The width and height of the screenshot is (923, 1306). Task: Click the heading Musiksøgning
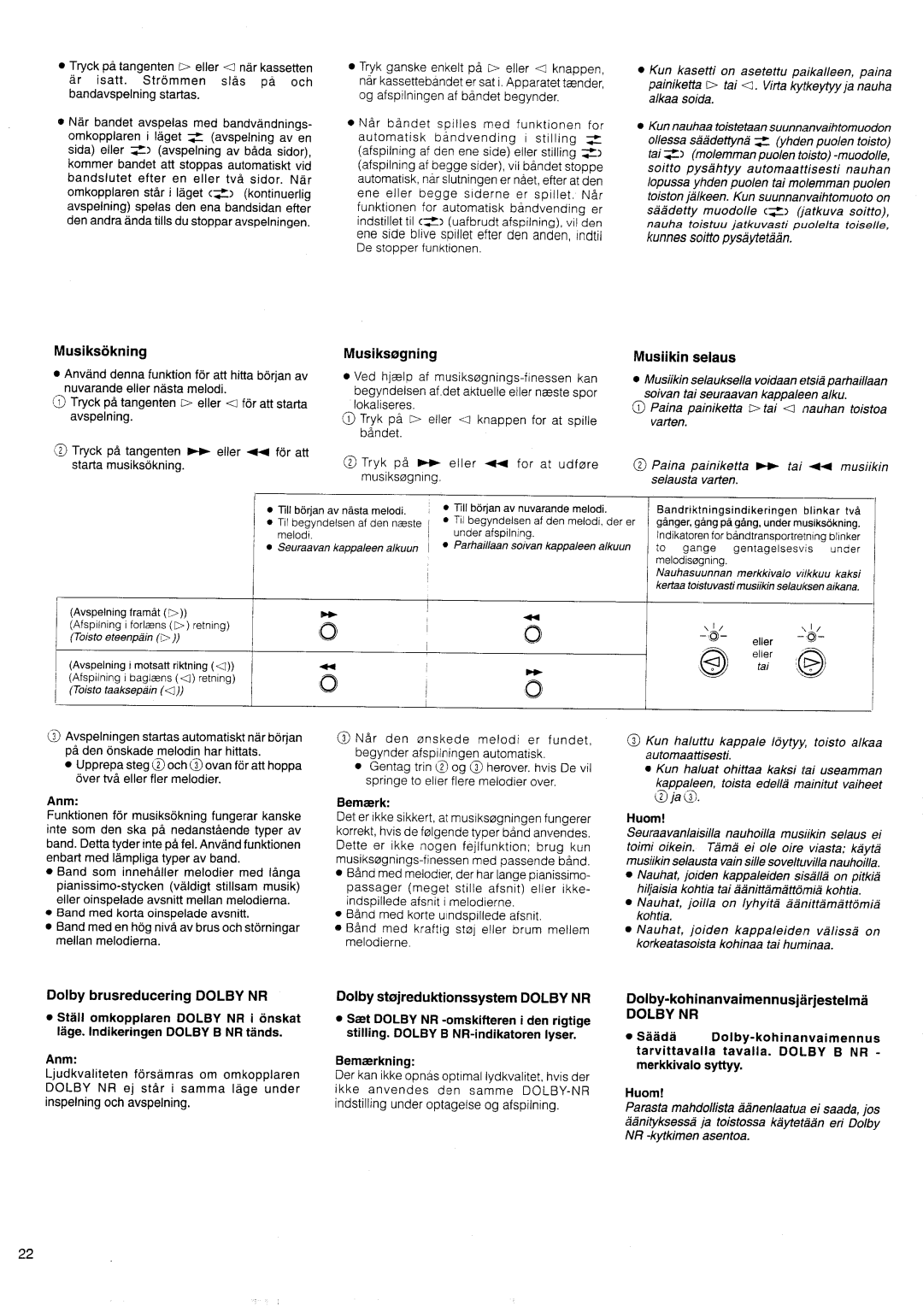coord(391,353)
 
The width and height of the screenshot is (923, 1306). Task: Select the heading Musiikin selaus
coord(685,357)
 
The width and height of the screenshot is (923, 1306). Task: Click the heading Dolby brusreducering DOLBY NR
coord(157,997)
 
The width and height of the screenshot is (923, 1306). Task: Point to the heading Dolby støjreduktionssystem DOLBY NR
coord(463,997)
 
